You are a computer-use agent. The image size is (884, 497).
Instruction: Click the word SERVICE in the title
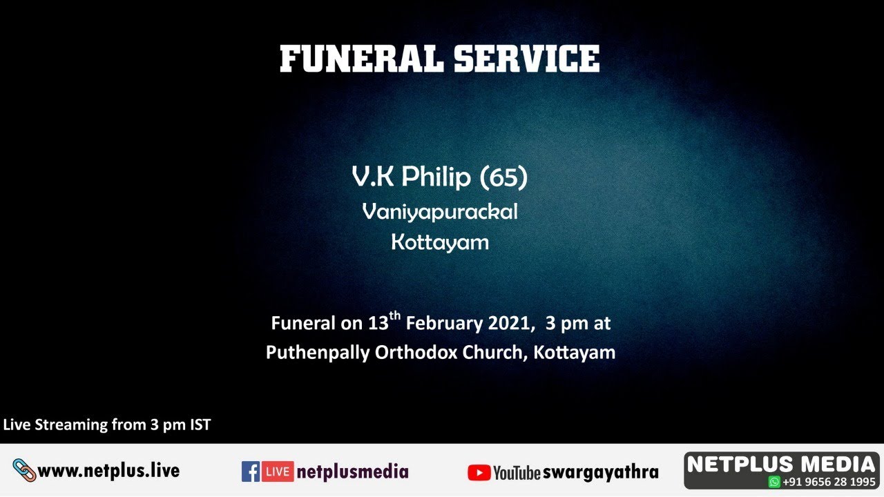point(526,59)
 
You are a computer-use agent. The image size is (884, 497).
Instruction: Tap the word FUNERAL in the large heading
point(362,59)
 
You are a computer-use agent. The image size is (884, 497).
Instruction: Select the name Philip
point(436,177)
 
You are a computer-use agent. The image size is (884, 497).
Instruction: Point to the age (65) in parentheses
point(503,178)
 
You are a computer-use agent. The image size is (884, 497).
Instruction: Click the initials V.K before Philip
point(373,177)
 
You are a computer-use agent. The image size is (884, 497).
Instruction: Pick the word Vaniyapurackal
point(440,212)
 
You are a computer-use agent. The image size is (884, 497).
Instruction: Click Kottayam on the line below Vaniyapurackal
point(440,242)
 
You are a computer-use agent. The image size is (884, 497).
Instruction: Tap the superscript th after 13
point(394,316)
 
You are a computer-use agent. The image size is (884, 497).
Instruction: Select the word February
point(444,323)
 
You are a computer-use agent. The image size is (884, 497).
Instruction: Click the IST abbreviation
point(200,425)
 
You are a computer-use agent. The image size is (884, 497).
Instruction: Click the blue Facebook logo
point(251,471)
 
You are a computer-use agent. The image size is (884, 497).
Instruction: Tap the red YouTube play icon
point(479,472)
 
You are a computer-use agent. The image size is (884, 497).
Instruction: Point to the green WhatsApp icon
point(774,482)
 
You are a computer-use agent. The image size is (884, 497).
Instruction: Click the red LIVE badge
point(278,471)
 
